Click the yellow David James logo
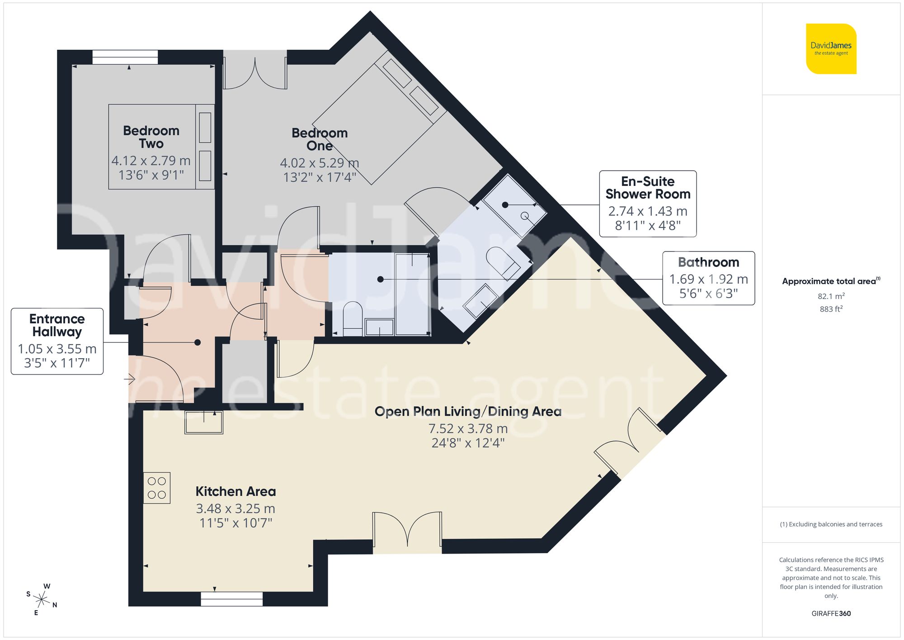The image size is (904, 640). click(831, 49)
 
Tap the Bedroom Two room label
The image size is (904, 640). click(151, 137)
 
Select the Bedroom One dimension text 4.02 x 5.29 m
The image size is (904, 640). click(319, 163)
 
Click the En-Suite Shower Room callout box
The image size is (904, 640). click(647, 204)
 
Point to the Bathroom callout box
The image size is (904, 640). click(708, 278)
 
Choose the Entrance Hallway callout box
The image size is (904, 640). click(57, 341)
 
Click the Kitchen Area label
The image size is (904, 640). click(235, 492)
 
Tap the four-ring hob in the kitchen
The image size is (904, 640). click(157, 488)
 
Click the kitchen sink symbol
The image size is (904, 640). click(204, 423)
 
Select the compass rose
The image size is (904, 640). click(42, 600)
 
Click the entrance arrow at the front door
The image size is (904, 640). click(131, 379)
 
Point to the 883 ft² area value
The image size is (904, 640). click(831, 309)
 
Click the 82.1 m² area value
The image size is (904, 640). click(831, 296)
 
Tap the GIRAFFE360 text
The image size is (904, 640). click(831, 614)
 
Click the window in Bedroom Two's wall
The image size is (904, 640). click(125, 57)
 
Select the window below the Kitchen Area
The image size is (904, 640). click(231, 599)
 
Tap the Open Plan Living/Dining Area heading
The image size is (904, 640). click(468, 412)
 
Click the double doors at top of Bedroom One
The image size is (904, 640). click(255, 72)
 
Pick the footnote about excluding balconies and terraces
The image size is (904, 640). click(831, 525)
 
